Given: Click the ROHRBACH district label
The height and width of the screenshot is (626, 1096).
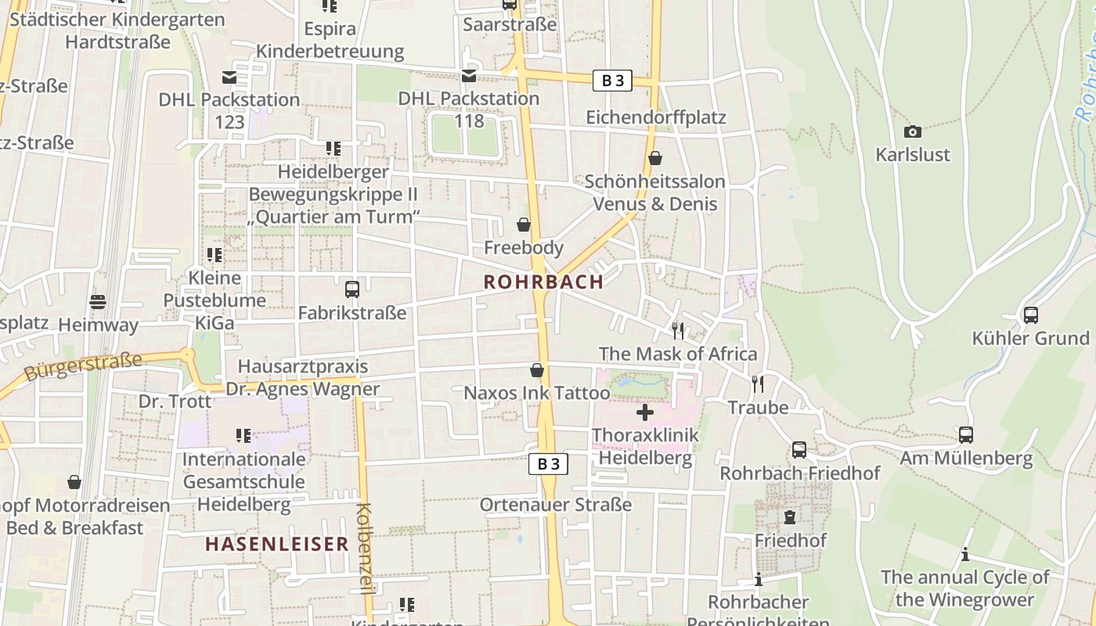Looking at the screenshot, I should pos(543,282).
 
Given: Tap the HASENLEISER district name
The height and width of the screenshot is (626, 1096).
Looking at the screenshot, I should pos(276,544).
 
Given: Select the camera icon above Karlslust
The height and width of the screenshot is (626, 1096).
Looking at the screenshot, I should pos(912,131).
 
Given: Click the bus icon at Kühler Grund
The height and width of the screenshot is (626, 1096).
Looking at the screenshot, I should pos(1031,315).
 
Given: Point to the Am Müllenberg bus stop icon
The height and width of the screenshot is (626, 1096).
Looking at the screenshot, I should pos(966,435).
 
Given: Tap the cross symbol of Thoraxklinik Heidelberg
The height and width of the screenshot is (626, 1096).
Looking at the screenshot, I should pos(645,412).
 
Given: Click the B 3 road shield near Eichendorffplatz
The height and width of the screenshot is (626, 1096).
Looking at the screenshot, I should pos(612,81).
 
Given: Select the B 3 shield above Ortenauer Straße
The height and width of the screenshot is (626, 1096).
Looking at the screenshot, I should pos(548,464).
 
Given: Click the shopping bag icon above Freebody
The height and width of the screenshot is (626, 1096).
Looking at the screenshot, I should pos(524,225).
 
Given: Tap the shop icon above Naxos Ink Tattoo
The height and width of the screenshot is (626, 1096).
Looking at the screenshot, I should pos(537,370).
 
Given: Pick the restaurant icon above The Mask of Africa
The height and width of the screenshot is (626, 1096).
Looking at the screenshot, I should pos(678,330).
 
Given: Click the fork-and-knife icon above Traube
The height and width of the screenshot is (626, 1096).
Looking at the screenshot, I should pos(757,383).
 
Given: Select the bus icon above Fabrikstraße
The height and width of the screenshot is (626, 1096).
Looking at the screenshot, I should pos(352,290).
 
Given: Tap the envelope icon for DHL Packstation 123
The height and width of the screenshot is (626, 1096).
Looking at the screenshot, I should pos(229,77).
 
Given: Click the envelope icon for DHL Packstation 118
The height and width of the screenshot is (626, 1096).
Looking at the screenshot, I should pos(468,75).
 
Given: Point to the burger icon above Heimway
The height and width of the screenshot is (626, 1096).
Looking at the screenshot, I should pos(98,301).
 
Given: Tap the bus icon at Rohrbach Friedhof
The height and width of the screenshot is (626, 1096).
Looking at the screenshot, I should pos(799,450).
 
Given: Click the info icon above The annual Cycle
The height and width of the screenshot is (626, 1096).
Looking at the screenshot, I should pos(965,554).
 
